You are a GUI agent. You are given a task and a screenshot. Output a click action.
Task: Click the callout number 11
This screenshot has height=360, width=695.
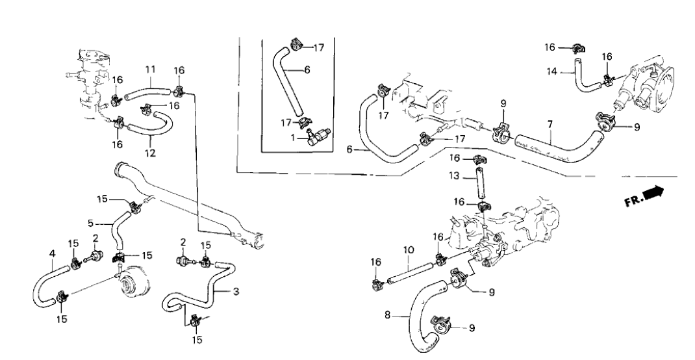click(150, 69)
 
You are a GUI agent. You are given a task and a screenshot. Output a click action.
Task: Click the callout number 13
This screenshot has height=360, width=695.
click(454, 177)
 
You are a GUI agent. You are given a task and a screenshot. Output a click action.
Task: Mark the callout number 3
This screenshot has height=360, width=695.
click(236, 292)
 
